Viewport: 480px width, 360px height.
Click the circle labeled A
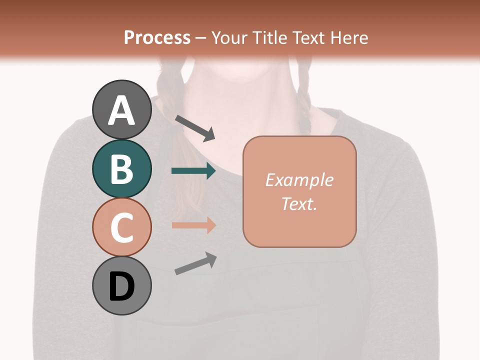121,109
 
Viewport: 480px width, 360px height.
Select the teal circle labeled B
121,168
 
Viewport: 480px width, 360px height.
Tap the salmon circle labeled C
121,227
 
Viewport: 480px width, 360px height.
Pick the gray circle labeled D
121,285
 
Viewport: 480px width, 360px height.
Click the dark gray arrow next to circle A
194,128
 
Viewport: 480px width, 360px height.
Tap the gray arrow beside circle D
195,263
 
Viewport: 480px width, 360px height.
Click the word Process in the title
157,37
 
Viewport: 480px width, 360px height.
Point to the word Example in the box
299,180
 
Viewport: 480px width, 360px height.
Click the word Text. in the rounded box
299,203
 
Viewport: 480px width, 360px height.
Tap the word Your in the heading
229,37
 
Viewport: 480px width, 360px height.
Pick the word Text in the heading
307,37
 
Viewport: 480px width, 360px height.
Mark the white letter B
121,169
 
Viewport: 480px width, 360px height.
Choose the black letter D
121,286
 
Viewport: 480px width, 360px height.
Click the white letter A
121,110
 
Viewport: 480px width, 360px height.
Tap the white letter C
121,227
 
